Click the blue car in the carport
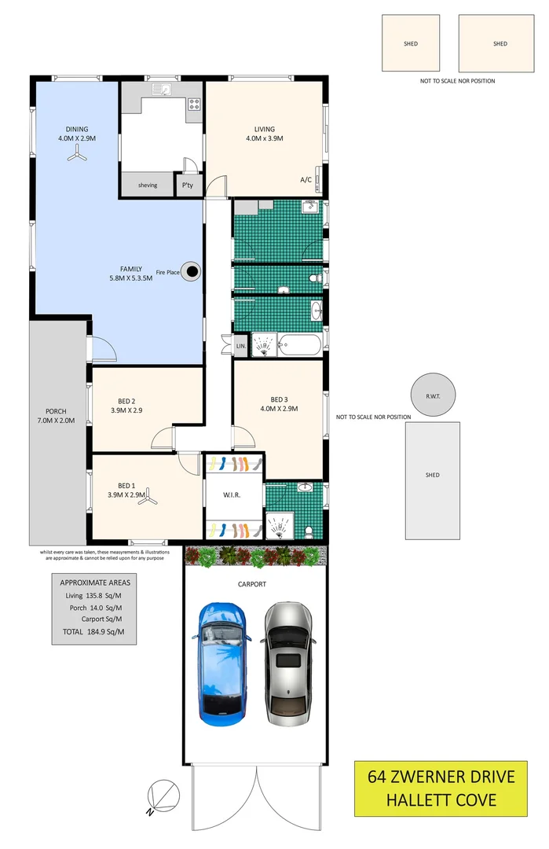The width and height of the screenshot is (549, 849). (221, 663)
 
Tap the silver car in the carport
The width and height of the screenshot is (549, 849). (288, 663)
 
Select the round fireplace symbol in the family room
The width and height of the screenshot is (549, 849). (190, 272)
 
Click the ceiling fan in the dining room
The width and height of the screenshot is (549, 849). (77, 156)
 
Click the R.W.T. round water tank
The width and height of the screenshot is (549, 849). (433, 395)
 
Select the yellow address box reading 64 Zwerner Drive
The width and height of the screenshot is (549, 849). (441, 788)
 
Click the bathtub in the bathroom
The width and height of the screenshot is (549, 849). (301, 345)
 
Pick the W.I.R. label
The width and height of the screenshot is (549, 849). (232, 495)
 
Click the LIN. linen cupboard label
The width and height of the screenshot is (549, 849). (241, 346)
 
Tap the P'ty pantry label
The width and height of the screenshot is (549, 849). (187, 186)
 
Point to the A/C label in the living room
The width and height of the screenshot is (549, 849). (306, 180)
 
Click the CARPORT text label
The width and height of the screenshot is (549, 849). (252, 584)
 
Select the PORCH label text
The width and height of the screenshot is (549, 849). (56, 411)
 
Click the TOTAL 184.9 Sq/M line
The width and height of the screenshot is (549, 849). (93, 632)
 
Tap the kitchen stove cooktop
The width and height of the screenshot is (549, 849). (194, 104)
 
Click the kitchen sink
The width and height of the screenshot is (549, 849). (163, 90)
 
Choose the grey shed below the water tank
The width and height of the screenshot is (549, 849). (433, 481)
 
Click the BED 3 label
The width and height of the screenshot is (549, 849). (279, 399)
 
